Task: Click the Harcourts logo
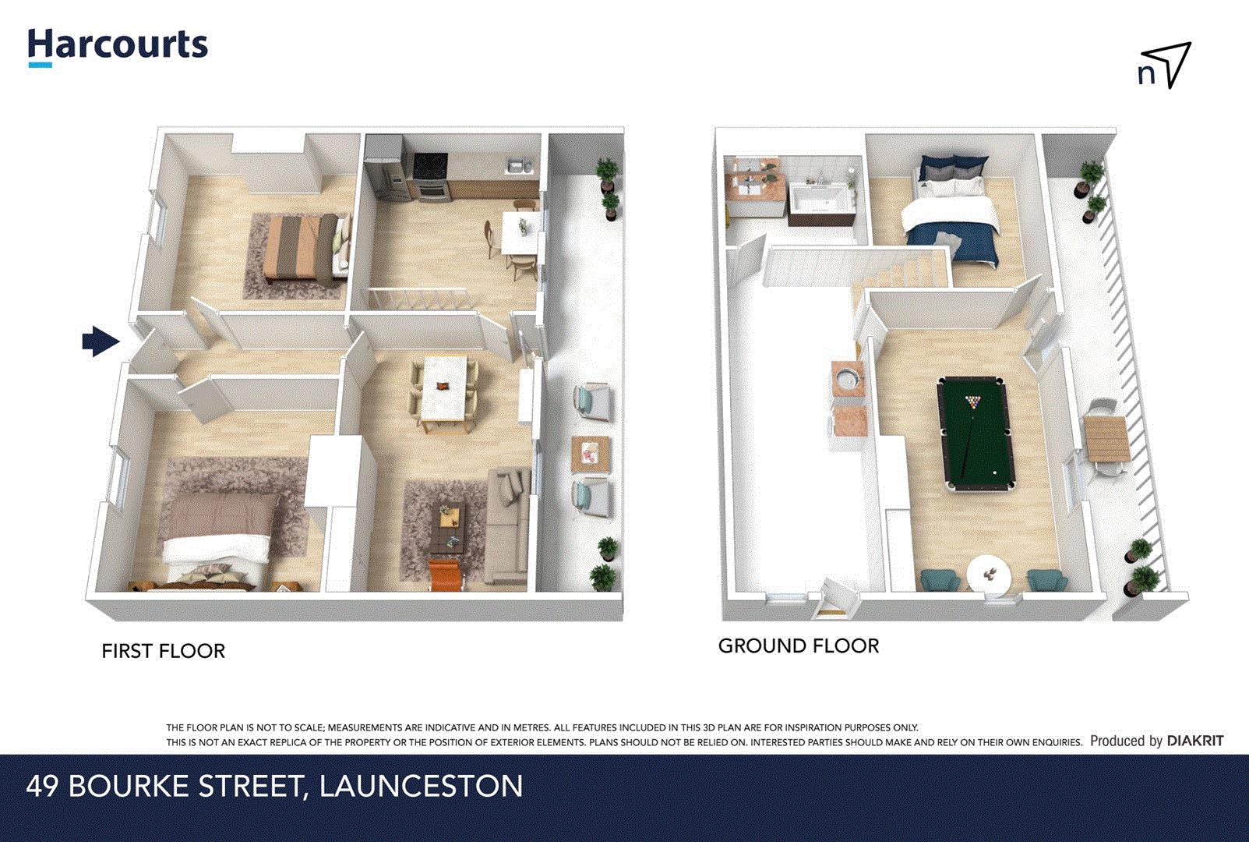tap(118, 46)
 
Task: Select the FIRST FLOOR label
tap(163, 651)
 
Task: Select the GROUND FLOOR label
tap(798, 646)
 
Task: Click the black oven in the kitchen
tap(430, 175)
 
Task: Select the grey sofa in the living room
tap(508, 526)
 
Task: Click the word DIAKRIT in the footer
tap(1194, 741)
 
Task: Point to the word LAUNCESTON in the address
tap(421, 786)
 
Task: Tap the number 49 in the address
tap(42, 786)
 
